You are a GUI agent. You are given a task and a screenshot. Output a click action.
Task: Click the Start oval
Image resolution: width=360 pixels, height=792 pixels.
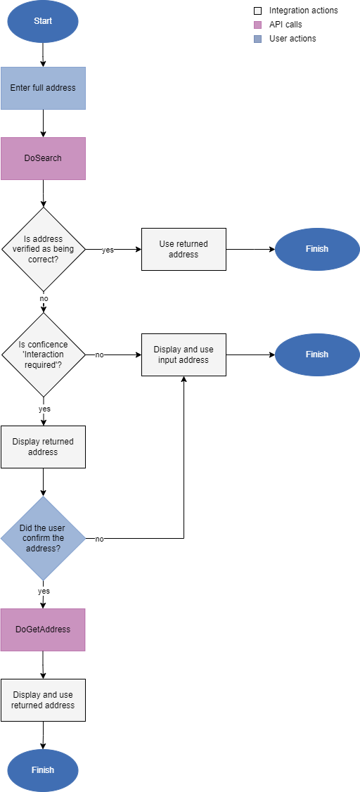point(43,21)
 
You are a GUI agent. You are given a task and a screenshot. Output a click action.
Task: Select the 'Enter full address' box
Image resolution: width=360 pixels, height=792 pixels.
point(43,88)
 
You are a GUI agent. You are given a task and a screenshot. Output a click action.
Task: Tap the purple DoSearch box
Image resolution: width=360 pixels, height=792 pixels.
point(43,158)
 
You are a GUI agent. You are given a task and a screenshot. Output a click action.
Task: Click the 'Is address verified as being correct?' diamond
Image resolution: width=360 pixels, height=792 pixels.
point(44,249)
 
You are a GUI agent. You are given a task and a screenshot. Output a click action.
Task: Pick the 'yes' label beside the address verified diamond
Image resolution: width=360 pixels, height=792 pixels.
point(108,250)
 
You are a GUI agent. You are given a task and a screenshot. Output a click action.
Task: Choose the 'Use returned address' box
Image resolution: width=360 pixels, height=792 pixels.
point(184,249)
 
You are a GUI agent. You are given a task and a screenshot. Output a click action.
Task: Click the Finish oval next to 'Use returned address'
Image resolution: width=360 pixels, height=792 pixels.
point(316,249)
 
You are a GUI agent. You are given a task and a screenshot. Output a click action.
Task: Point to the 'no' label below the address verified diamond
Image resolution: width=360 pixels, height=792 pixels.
point(44,298)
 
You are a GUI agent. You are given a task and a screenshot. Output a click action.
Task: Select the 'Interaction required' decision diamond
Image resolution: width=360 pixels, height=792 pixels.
point(44,355)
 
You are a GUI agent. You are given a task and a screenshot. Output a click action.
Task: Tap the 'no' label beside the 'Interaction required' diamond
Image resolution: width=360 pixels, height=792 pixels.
point(99,355)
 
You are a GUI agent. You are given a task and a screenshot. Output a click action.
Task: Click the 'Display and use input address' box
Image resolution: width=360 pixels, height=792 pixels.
point(184,355)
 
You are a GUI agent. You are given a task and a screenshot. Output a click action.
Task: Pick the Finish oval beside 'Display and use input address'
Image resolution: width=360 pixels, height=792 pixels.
point(316,355)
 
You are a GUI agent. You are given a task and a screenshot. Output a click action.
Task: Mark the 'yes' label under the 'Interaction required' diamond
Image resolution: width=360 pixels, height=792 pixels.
point(44,409)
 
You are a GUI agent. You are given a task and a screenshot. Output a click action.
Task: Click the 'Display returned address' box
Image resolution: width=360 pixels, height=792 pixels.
point(43,447)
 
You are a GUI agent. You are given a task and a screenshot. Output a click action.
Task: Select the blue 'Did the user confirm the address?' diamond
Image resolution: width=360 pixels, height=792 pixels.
point(44,538)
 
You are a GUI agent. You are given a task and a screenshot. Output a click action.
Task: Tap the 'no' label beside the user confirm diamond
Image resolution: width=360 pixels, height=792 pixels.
point(99,539)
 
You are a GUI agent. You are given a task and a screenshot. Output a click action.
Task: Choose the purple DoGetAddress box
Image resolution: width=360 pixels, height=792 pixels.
point(43,630)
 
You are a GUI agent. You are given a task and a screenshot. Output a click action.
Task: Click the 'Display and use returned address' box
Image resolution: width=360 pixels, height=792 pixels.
point(43,700)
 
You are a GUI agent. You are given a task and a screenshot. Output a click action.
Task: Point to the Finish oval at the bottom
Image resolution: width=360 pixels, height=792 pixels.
point(43,770)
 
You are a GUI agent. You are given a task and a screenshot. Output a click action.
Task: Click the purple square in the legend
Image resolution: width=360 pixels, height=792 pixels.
point(257,25)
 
